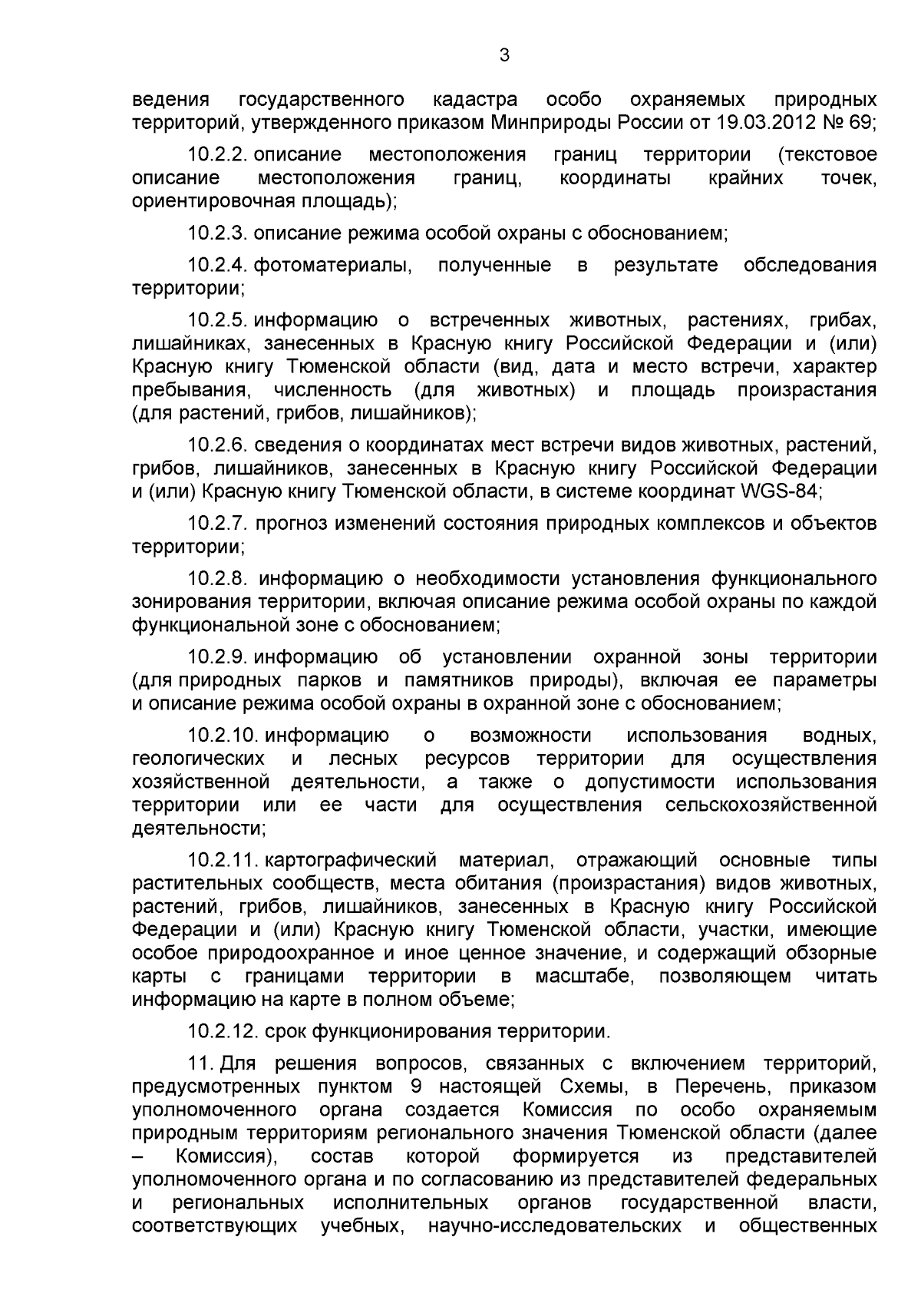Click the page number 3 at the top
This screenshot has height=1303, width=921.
coord(504,55)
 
